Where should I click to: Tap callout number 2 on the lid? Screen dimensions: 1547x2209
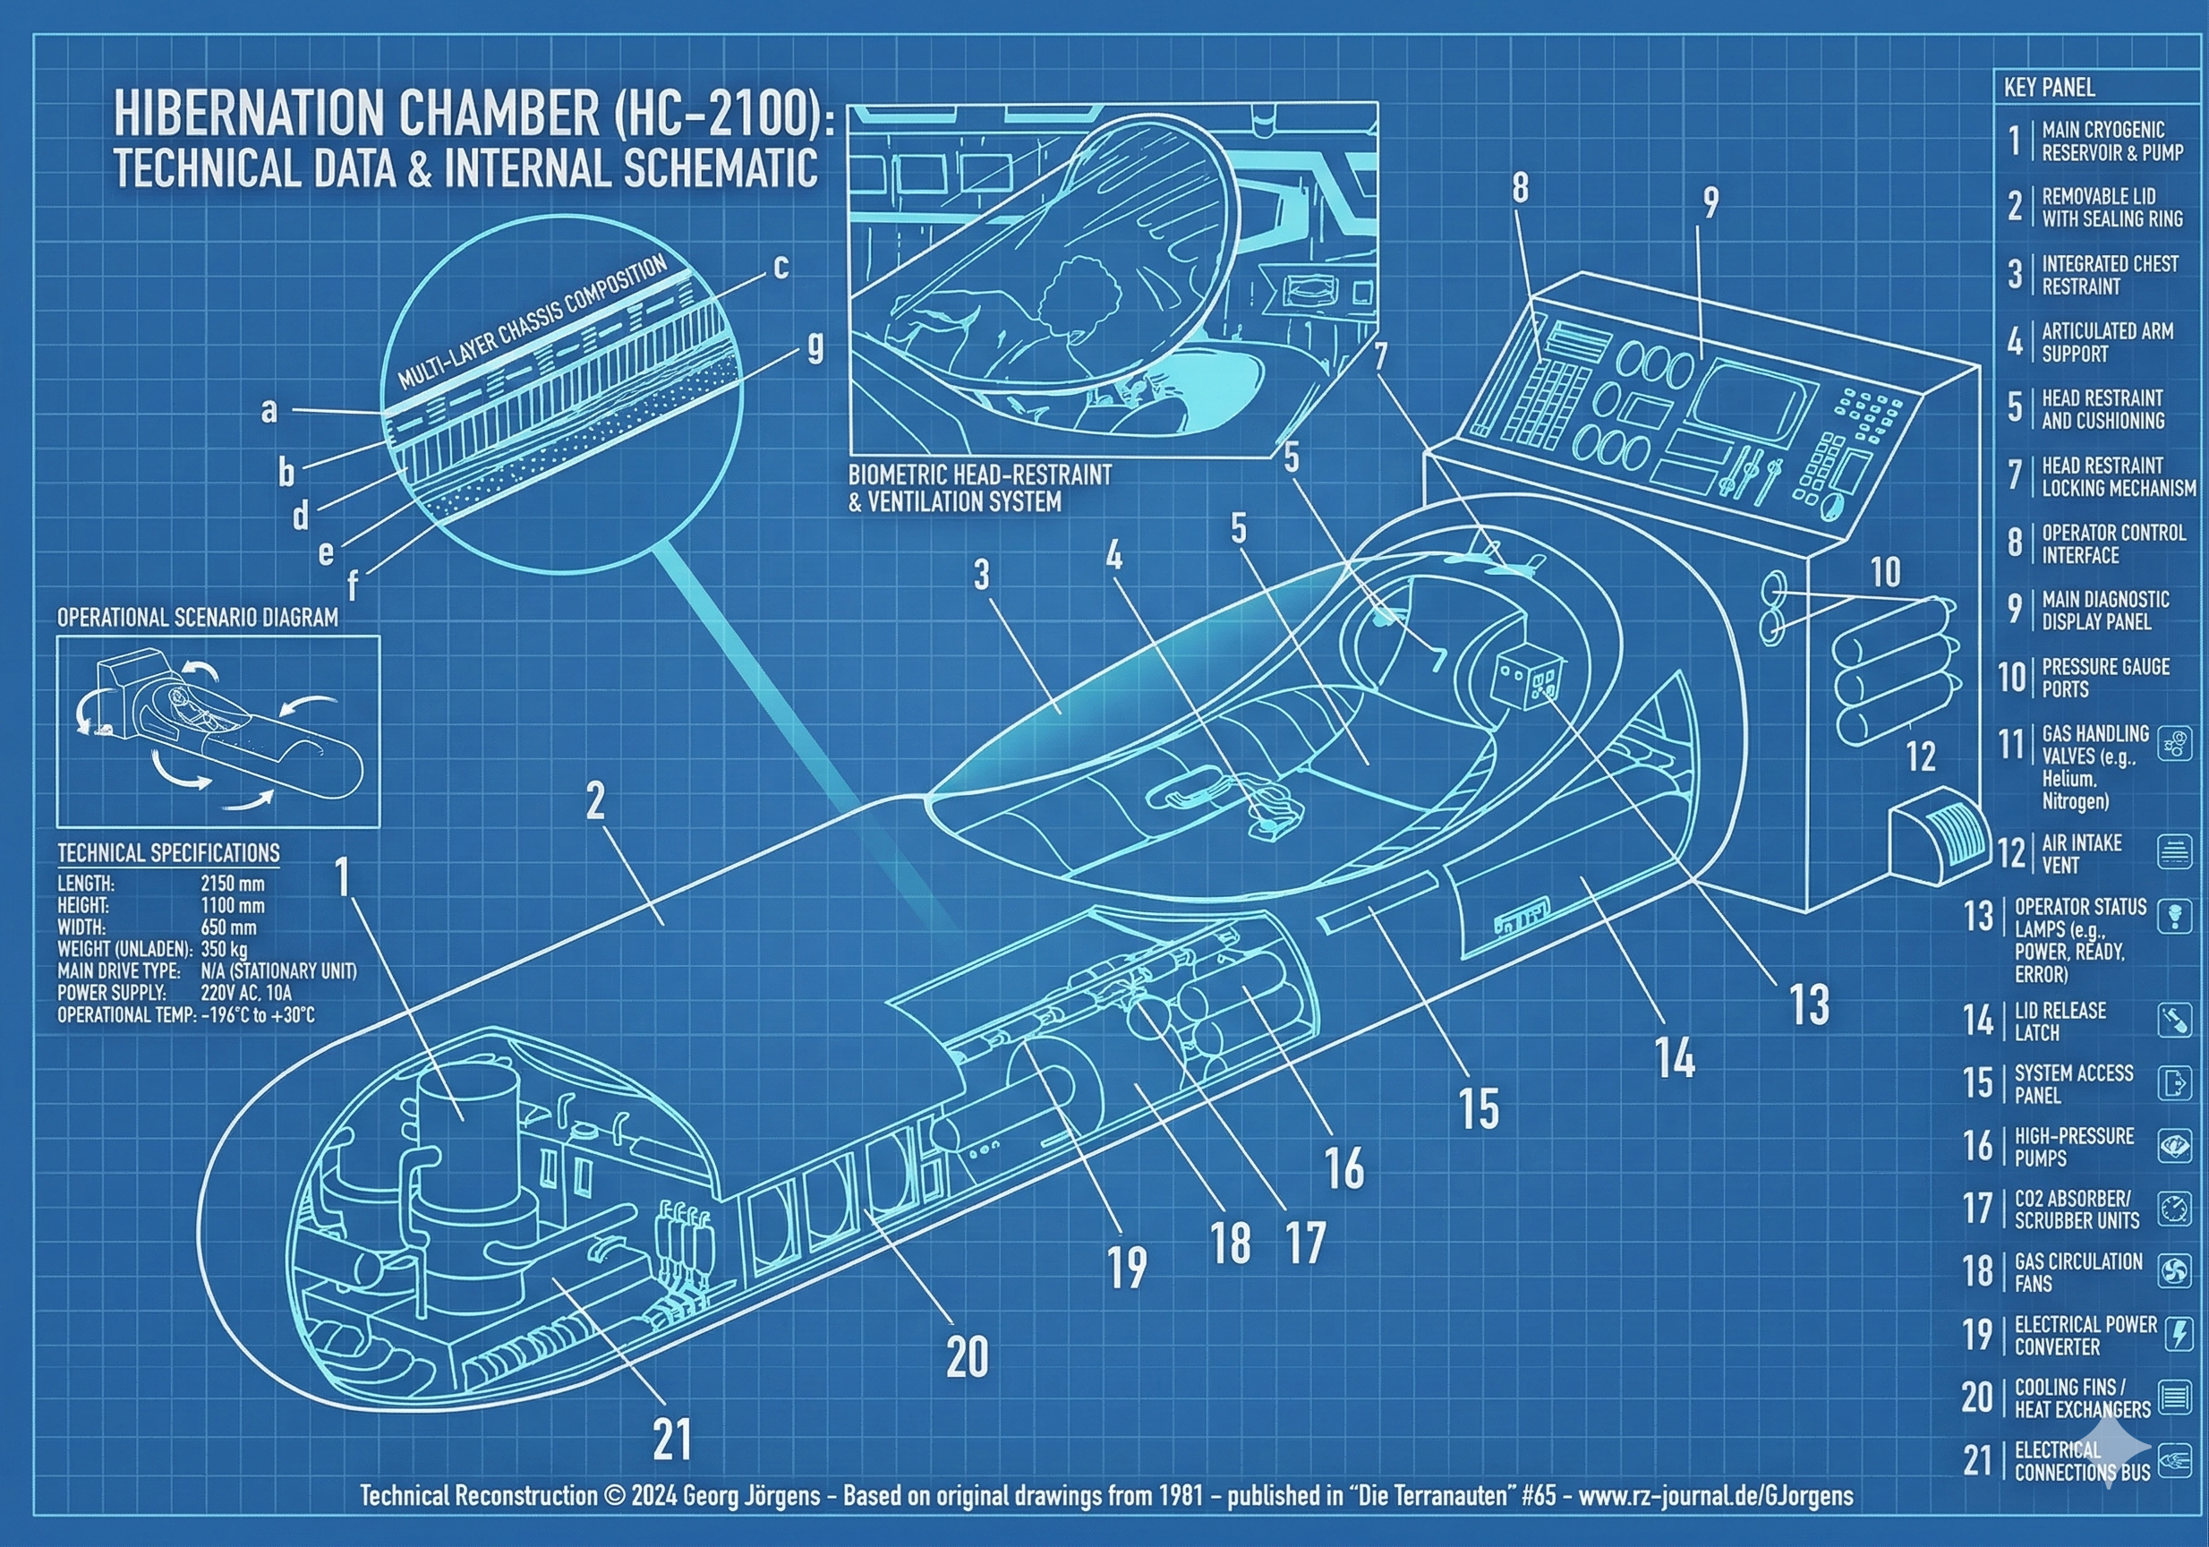coord(595,800)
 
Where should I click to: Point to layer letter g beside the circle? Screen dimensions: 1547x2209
coord(815,346)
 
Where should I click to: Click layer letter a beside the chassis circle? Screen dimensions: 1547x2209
coord(269,411)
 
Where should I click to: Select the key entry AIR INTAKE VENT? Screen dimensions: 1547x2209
coord(2081,853)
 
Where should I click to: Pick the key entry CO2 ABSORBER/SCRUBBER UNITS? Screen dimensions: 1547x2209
coord(2077,1209)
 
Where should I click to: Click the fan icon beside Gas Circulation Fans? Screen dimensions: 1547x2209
coord(2174,1271)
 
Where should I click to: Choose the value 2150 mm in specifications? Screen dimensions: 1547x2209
coord(232,884)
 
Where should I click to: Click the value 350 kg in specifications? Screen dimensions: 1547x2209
coord(224,950)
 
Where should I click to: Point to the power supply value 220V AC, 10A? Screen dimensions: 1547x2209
coord(246,993)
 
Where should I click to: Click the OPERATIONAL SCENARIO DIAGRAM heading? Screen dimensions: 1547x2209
coord(197,618)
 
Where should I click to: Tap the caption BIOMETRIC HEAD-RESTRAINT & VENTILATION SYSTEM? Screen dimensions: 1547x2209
coord(979,488)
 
